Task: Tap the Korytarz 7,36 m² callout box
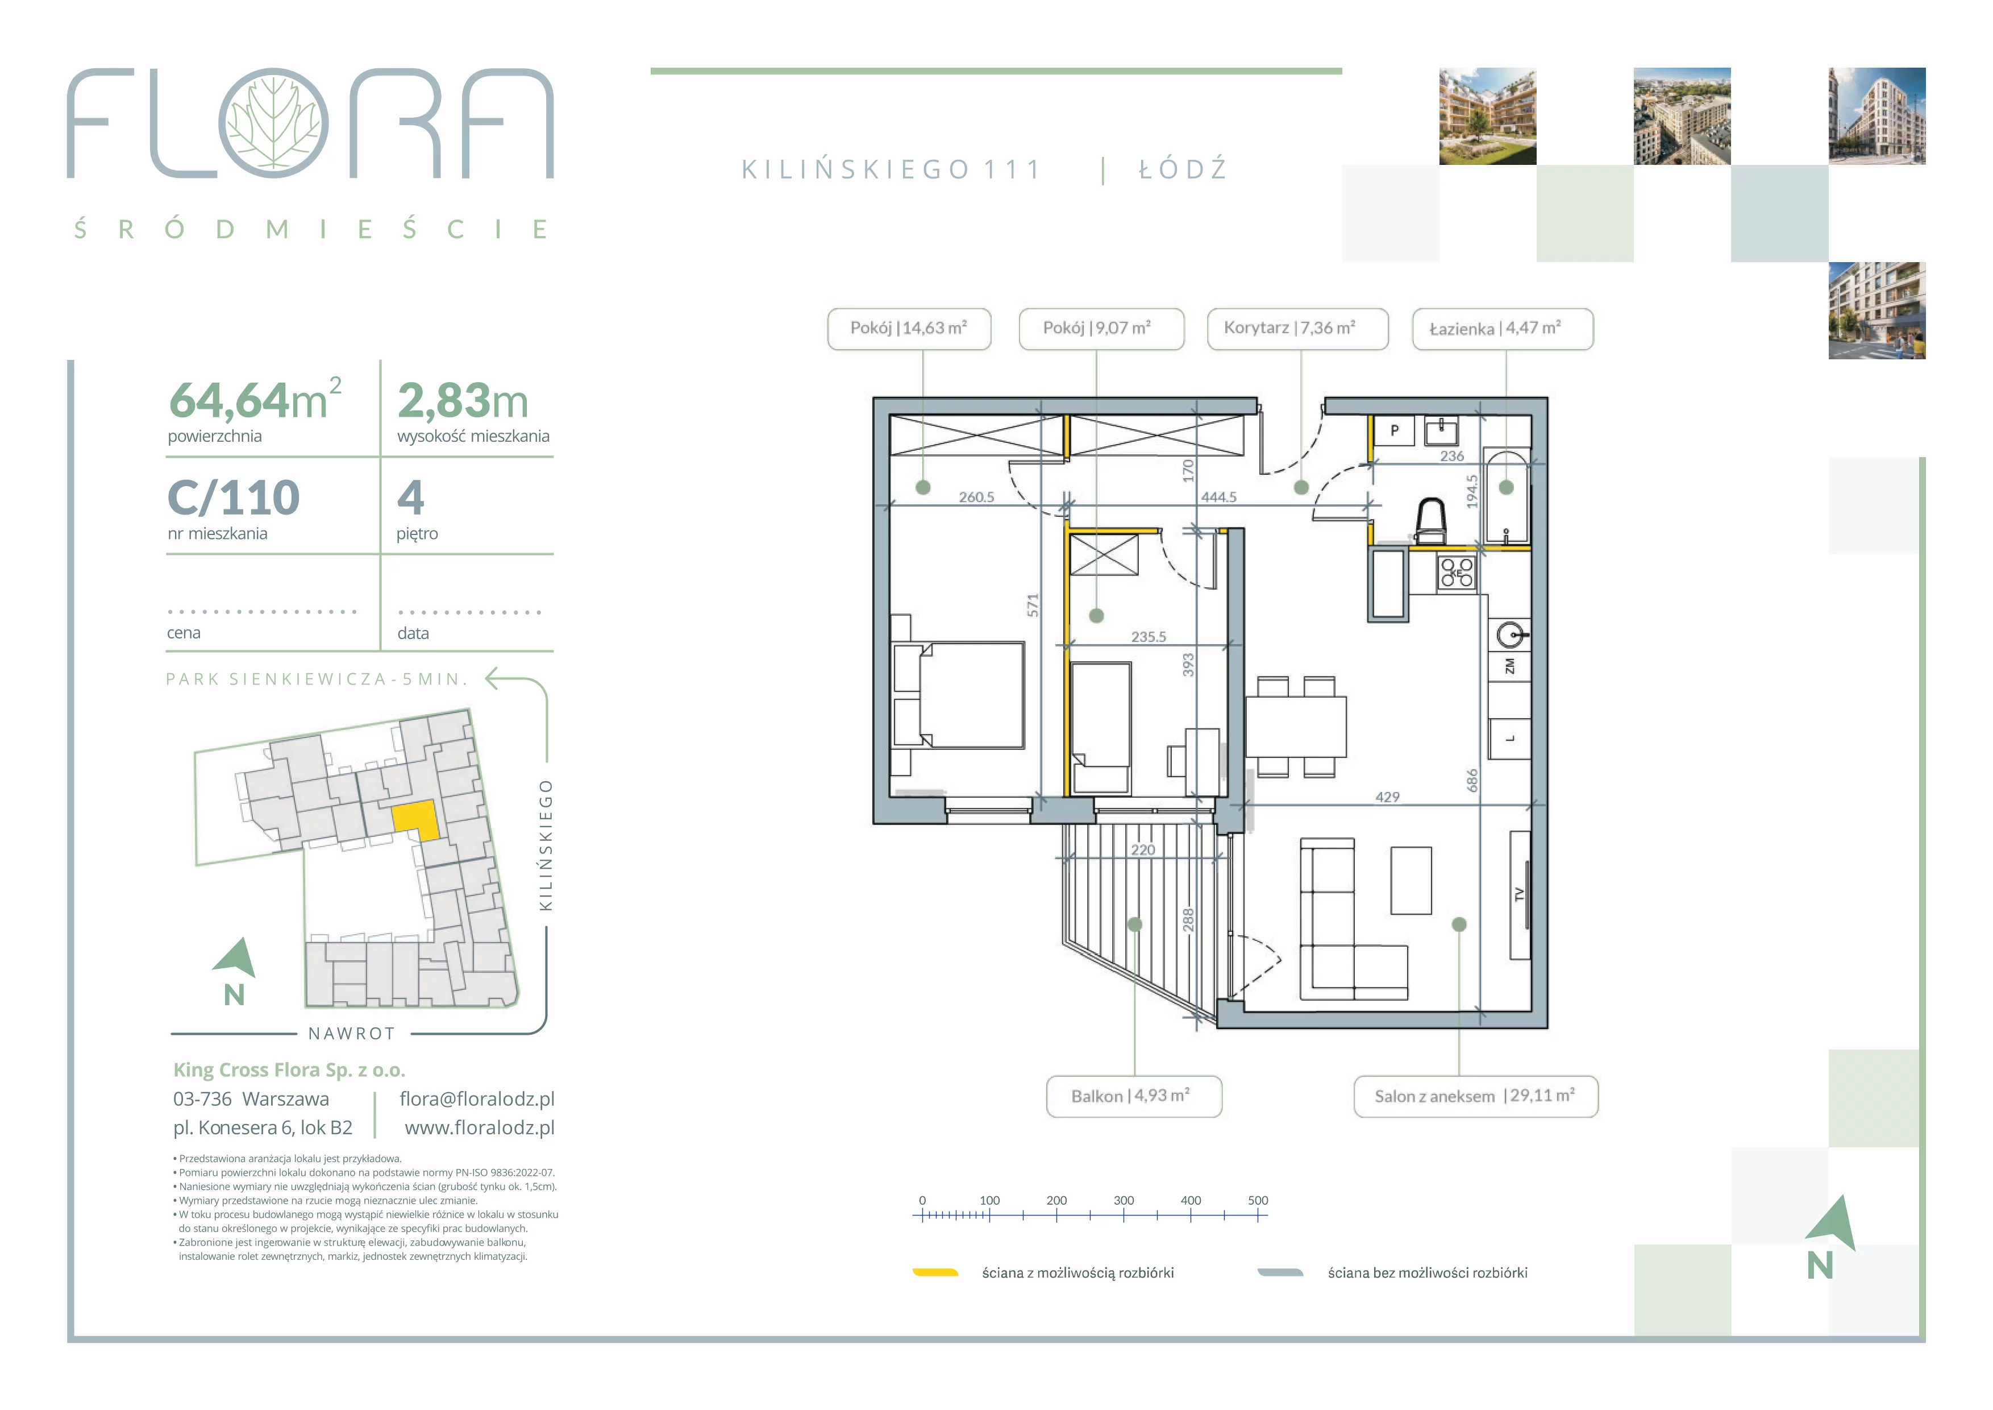click(x=1298, y=329)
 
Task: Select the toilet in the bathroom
click(x=1430, y=520)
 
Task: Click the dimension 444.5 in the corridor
click(x=1219, y=497)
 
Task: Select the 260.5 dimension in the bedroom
click(x=976, y=497)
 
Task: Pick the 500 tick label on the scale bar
click(x=1258, y=1201)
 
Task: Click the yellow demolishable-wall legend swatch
click(x=935, y=1273)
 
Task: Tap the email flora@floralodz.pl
click(x=477, y=1099)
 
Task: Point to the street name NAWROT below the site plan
click(x=352, y=1034)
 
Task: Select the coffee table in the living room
click(x=1411, y=880)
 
